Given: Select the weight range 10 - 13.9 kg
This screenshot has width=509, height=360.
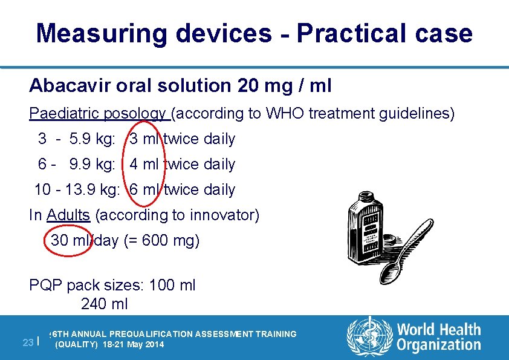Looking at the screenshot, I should pos(77,190).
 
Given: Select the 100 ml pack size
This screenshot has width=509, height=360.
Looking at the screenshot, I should pos(172,285).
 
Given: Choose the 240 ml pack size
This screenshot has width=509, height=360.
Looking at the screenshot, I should pos(104,304).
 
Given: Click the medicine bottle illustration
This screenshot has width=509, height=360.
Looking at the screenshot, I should pos(366,227).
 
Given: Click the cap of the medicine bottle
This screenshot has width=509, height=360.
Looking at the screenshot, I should pos(366,198).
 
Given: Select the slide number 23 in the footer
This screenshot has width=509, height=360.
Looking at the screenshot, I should pos(27,342).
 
